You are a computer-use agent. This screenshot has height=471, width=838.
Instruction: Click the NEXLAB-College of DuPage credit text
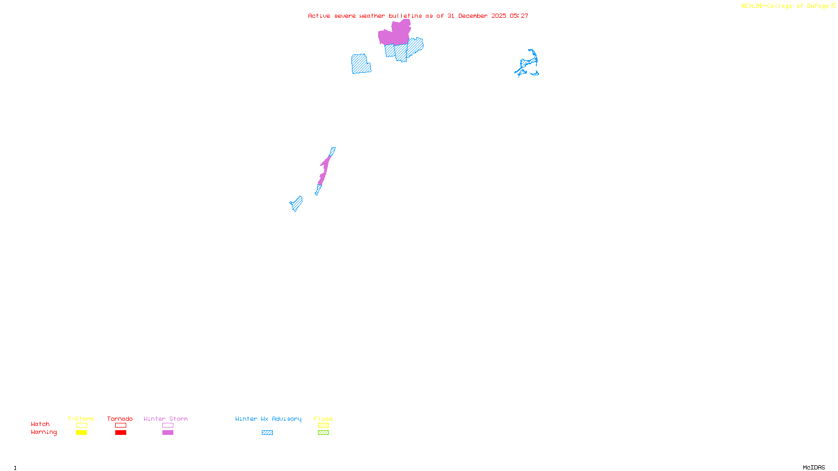(x=786, y=6)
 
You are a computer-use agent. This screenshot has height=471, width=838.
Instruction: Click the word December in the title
(x=473, y=16)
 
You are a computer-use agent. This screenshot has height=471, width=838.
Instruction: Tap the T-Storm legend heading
(x=81, y=419)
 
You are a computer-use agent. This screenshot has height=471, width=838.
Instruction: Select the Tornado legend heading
(x=120, y=419)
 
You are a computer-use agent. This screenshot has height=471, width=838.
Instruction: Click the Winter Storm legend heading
(x=166, y=419)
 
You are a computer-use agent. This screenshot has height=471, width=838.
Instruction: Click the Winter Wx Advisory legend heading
(x=268, y=419)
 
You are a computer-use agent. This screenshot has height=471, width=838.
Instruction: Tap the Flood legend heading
(x=323, y=419)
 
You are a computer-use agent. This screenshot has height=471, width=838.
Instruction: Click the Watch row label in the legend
(x=40, y=424)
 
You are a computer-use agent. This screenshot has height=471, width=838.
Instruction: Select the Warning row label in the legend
(x=44, y=432)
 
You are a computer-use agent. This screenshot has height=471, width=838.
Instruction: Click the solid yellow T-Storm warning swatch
(x=81, y=433)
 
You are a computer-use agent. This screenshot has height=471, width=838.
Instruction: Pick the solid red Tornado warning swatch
(x=120, y=433)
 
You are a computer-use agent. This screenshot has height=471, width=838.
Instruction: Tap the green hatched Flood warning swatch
(x=323, y=433)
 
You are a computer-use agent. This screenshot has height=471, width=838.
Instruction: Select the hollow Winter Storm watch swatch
(x=168, y=425)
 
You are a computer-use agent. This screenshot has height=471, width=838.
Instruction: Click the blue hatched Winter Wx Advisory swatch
(x=267, y=433)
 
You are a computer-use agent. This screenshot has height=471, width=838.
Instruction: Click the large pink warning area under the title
(x=394, y=35)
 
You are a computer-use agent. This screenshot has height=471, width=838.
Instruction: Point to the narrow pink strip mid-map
(x=325, y=167)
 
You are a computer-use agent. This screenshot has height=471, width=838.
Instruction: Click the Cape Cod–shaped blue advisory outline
(x=528, y=64)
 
